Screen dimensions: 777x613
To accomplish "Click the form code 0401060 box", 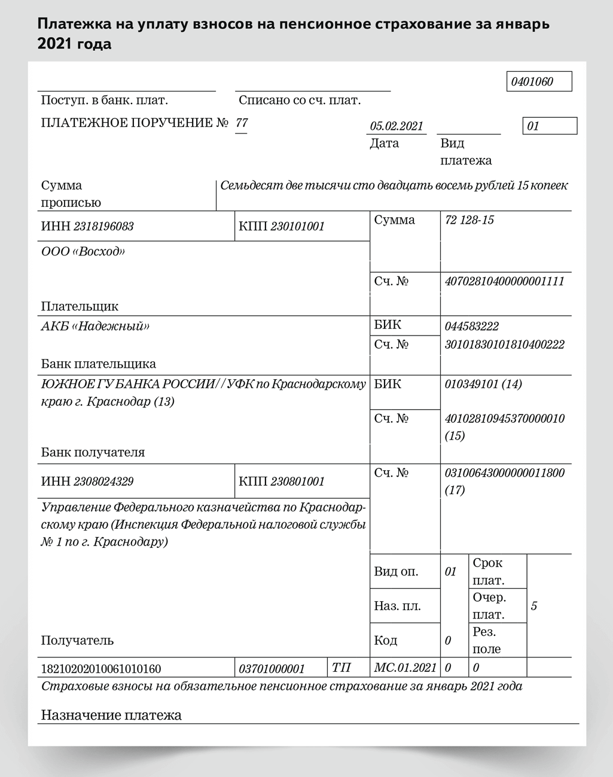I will coord(539,82).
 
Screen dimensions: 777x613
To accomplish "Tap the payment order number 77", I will coord(242,123).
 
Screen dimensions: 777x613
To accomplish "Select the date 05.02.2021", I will coord(397,126).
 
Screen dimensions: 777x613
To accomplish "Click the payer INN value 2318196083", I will coord(103,227).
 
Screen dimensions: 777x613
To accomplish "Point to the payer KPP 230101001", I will coord(297,227).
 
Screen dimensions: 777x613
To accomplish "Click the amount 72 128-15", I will coord(469,220).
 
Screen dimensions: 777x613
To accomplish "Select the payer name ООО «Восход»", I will coord(83,252).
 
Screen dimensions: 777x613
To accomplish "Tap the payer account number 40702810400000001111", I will coord(504,281).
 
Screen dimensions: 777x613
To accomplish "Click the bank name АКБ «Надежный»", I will coord(95,327).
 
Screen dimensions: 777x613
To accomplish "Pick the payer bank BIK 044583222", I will coord(471,327).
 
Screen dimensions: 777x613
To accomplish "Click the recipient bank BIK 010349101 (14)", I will coord(483,384).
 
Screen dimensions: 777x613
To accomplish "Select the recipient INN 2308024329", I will coord(103,482).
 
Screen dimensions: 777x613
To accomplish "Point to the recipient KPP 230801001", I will coord(297,482).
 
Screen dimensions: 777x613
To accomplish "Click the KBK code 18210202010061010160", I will coord(101,669).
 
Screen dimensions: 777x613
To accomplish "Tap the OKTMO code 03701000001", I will coord(272,669).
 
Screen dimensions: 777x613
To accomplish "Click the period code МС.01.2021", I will coord(405,668).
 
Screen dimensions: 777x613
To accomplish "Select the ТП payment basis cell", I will coord(341,668).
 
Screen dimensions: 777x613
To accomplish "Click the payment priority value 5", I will coord(534,606).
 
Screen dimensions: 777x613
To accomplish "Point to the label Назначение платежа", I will coord(111,715).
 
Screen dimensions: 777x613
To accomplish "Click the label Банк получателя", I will coord(93,452).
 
